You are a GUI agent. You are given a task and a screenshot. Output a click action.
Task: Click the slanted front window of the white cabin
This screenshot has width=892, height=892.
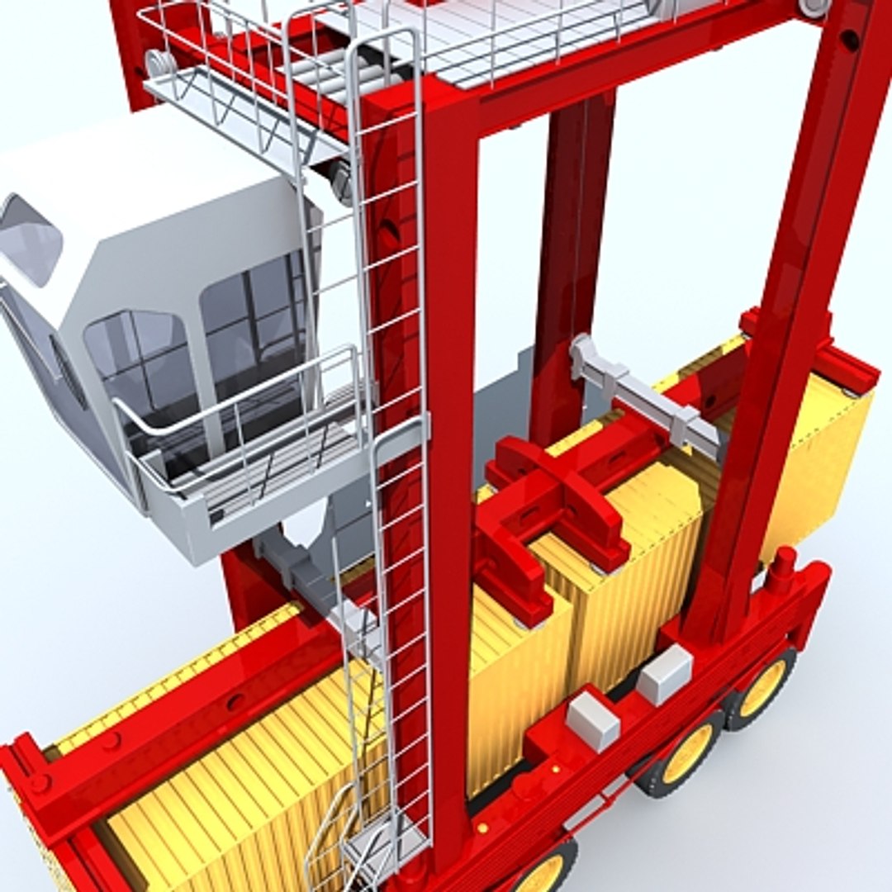[x=30, y=240]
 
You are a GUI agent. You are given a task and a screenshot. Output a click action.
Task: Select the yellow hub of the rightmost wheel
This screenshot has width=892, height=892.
[x=763, y=687]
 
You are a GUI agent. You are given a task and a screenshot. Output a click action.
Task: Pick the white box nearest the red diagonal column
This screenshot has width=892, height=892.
[x=665, y=673]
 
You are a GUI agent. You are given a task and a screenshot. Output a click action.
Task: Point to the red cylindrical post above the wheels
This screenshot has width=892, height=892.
[x=780, y=570]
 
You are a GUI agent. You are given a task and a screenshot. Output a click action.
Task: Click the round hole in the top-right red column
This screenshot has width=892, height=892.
[x=849, y=40]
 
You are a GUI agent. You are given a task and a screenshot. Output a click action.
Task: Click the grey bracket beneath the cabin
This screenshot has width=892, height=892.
[x=289, y=562]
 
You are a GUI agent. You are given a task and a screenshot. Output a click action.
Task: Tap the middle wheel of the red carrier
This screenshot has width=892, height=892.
[x=686, y=756]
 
